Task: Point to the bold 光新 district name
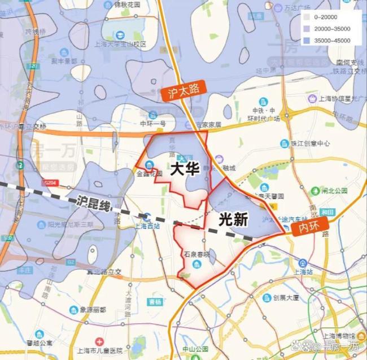click(233, 219)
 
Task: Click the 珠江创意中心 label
click(308, 143)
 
